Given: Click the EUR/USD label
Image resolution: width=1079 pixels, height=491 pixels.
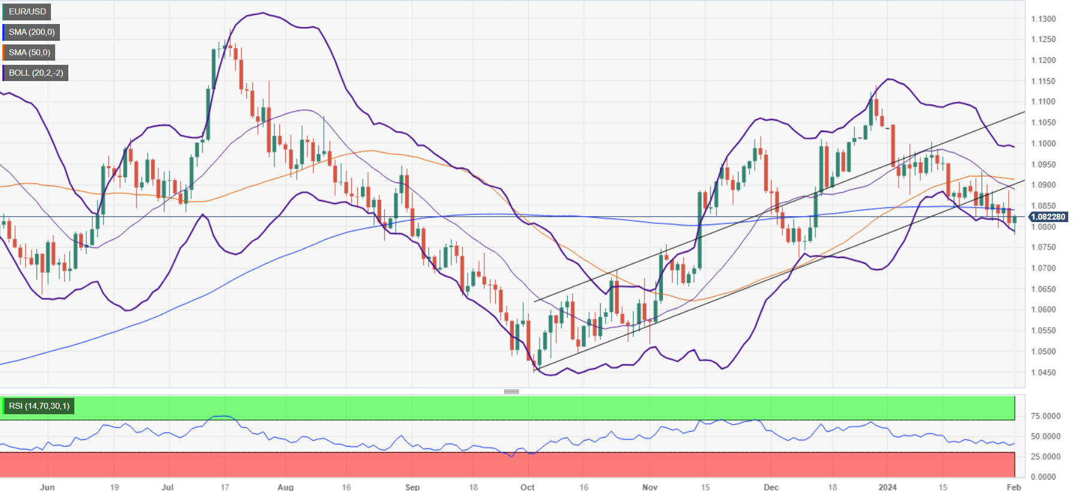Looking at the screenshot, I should tap(27, 11).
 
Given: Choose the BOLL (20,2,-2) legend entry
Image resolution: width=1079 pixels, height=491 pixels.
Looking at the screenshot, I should tap(35, 73).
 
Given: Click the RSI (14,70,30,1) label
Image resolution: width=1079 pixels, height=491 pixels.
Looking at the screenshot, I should tap(38, 406).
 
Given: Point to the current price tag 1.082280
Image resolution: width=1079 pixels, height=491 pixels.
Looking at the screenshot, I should tap(1048, 217).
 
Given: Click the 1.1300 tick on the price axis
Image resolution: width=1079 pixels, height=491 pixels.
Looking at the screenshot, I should tap(1043, 19).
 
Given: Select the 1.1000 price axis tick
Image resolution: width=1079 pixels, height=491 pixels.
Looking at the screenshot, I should tap(1043, 143).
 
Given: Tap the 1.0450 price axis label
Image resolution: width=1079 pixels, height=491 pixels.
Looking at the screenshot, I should tap(1043, 372).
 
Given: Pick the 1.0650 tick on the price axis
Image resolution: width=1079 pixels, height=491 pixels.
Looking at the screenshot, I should tap(1043, 289).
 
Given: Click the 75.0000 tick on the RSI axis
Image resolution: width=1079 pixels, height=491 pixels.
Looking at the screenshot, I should tap(1045, 416).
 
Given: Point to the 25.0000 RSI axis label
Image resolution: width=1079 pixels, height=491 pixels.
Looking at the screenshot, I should tap(1045, 457).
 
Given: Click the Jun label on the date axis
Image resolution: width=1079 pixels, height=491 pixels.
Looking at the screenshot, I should tap(47, 487).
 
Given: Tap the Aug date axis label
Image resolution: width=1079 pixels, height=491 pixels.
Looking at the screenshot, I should tap(286, 487).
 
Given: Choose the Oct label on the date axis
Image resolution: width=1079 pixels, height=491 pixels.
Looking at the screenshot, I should tap(528, 487).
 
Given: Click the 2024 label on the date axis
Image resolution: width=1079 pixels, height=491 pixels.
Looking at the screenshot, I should tap(888, 487).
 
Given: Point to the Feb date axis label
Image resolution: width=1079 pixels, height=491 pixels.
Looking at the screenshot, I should tap(1014, 487).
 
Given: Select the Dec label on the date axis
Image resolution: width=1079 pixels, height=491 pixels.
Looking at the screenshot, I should tap(771, 487).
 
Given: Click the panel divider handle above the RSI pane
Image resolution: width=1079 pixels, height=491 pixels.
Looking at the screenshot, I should tap(511, 391).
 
